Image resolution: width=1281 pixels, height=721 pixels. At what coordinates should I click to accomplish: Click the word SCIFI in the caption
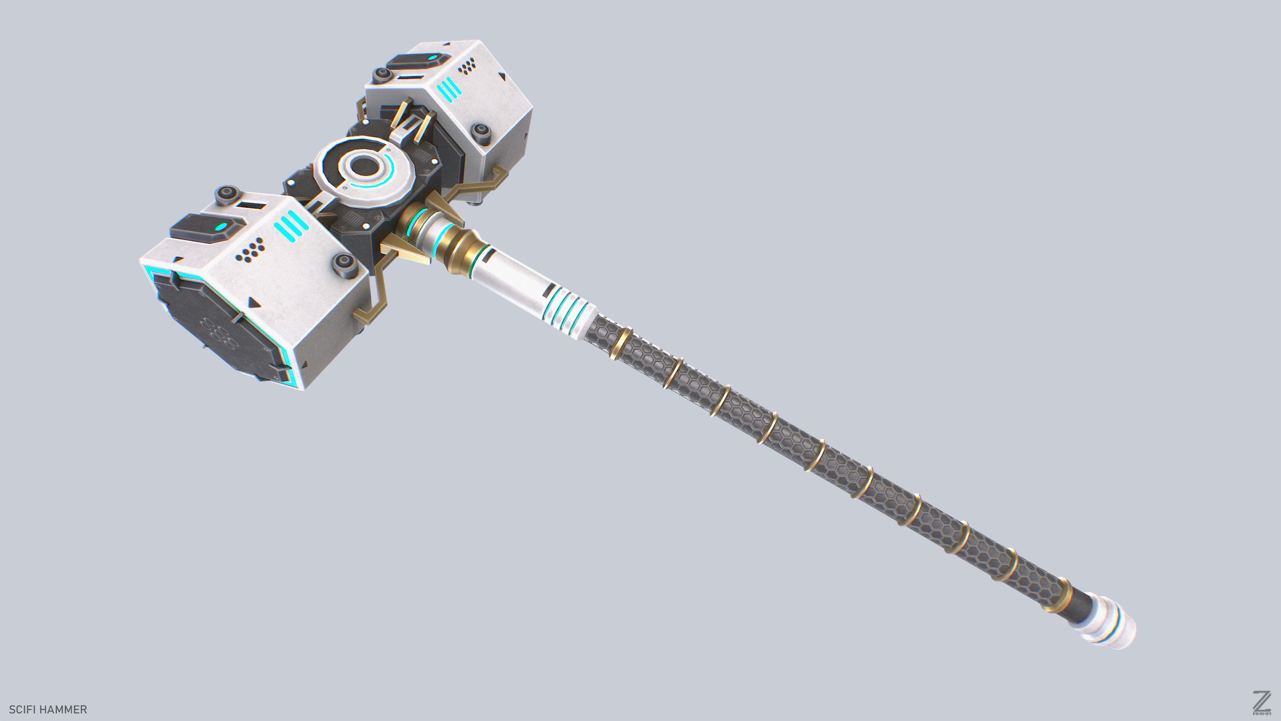(x=21, y=709)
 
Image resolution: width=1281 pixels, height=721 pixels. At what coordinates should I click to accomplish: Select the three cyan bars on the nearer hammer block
(x=291, y=227)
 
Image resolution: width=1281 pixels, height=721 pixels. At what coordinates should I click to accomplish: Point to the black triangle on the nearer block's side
(x=254, y=302)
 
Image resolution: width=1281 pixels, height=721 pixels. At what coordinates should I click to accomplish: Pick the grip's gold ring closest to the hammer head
(x=619, y=343)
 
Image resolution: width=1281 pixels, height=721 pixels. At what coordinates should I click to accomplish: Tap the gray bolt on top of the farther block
(x=383, y=75)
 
